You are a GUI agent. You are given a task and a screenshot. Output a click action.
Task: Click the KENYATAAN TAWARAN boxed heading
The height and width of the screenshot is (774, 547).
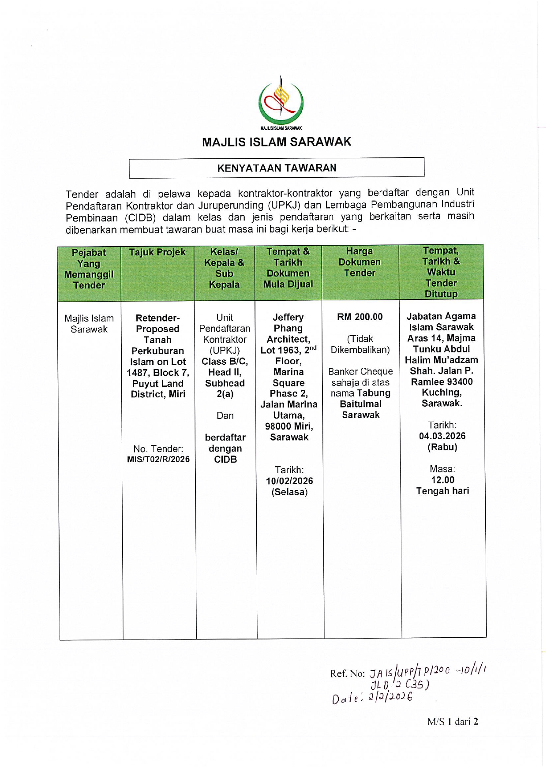coord(277,168)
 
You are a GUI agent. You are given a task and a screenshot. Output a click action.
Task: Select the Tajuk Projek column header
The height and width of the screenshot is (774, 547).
coord(157,252)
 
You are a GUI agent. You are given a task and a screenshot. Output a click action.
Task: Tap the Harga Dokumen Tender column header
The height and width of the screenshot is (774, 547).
coord(360,262)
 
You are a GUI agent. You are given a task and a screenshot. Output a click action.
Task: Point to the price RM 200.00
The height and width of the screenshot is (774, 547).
coord(360,317)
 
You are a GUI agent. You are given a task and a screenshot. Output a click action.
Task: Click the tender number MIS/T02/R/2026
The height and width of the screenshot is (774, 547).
coord(158,459)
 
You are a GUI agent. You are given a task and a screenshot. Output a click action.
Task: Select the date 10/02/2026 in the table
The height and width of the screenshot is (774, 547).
coord(289,481)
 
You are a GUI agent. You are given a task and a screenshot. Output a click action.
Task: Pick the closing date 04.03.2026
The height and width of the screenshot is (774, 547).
coord(442,436)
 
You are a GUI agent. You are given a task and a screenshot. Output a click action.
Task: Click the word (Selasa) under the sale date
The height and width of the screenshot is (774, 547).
coord(289,492)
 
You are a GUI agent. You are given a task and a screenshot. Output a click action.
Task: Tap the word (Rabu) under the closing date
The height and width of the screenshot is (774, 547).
coord(442,447)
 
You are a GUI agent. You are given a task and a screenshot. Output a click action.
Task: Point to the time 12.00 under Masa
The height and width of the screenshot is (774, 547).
coord(442,480)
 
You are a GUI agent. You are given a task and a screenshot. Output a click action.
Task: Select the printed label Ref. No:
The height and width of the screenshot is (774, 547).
coord(348,673)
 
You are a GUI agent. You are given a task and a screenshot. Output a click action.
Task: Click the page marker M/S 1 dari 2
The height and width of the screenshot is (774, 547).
coord(453,722)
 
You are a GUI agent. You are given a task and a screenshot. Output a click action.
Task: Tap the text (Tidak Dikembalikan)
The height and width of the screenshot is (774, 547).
coord(360,344)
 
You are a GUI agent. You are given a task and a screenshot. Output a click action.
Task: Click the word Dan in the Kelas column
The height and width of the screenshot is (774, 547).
coord(225,415)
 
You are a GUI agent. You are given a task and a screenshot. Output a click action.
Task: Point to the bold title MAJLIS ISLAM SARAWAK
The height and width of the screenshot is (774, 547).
coord(277,142)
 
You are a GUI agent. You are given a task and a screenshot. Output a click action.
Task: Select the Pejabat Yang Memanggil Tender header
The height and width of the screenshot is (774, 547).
coord(89,269)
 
